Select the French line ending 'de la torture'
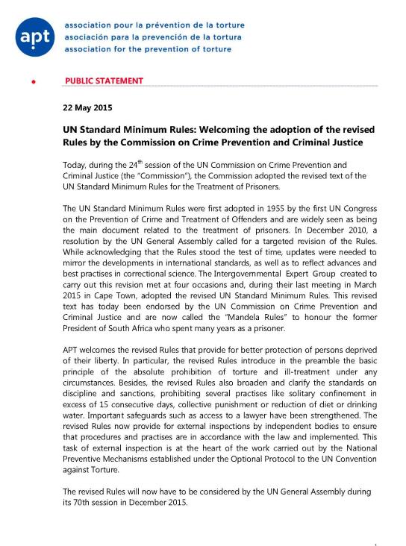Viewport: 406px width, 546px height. click(154, 25)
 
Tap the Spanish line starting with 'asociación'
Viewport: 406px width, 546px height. click(154, 37)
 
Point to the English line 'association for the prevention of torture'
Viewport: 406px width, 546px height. click(148, 49)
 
